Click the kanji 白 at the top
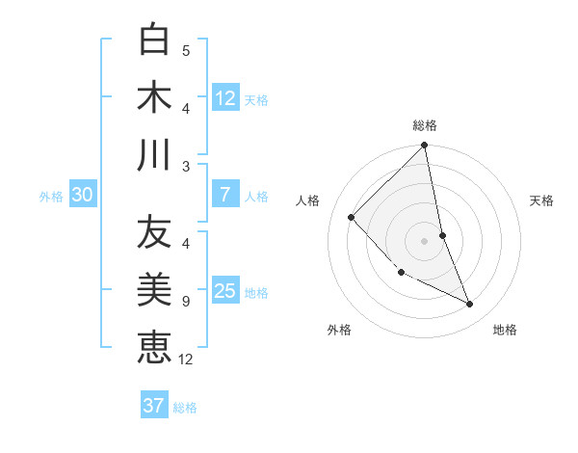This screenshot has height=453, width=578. (154, 40)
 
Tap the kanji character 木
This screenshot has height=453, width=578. (154, 96)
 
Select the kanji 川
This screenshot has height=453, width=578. (154, 154)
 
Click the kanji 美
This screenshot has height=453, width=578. (154, 289)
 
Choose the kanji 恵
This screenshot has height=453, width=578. (154, 346)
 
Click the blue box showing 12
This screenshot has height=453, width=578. (225, 98)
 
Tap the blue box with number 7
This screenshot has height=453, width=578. (225, 195)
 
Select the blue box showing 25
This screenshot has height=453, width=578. (225, 291)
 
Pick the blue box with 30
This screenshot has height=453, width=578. (82, 196)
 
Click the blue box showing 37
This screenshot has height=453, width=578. (154, 406)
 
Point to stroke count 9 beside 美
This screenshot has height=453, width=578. (185, 302)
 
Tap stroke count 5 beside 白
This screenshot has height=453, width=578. (185, 51)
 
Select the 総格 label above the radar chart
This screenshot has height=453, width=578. (425, 125)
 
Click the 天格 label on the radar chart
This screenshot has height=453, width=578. (542, 200)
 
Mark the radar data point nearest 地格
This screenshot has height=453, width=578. (469, 304)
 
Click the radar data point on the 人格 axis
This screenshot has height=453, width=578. (352, 217)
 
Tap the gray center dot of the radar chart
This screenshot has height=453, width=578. (425, 240)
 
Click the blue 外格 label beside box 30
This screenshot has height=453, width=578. (51, 197)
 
